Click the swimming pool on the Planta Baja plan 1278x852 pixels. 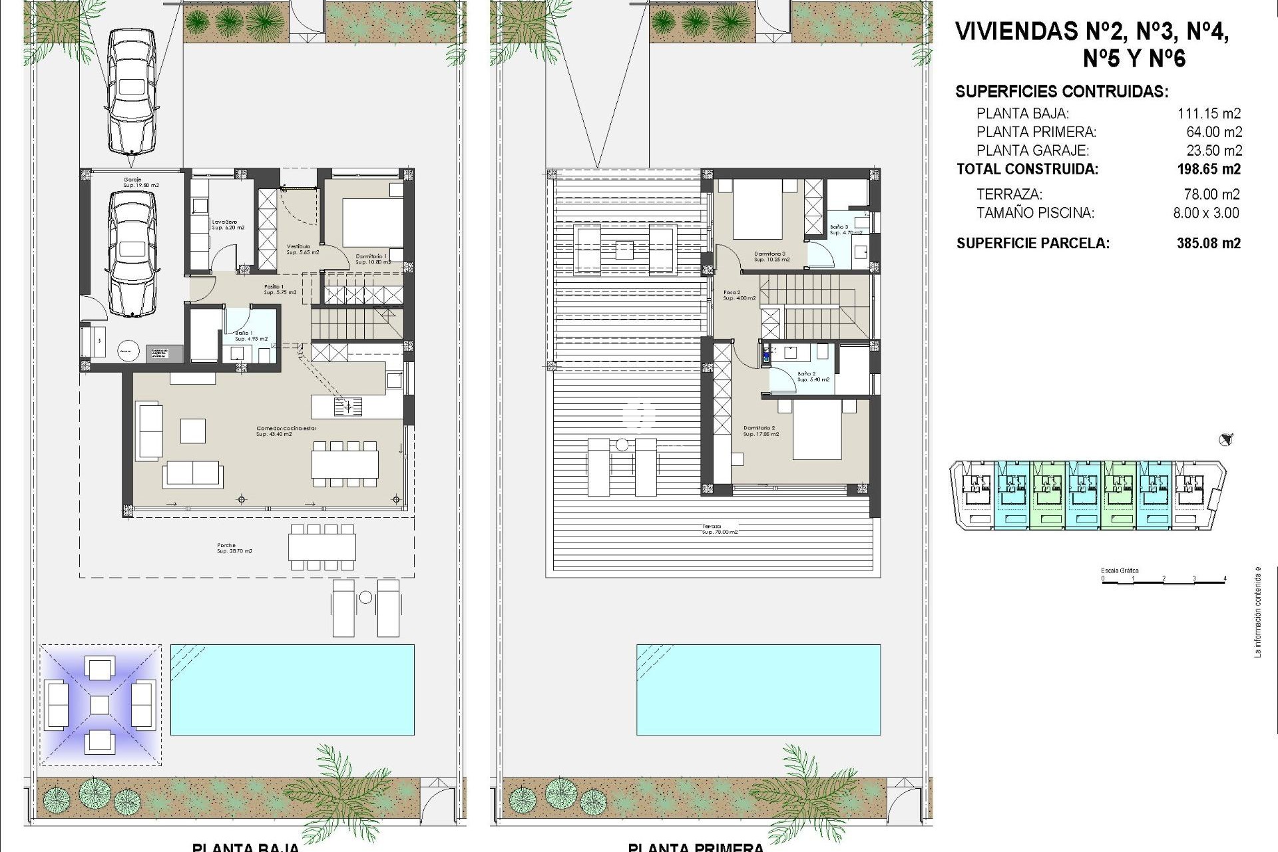(x=292, y=689)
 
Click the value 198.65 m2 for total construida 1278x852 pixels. (x=1209, y=170)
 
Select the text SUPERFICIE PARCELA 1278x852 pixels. (x=1032, y=244)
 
